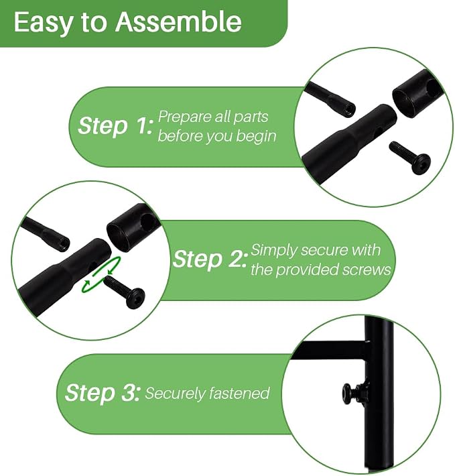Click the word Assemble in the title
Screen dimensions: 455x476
click(178, 21)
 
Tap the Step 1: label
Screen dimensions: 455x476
click(115, 125)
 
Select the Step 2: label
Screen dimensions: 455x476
click(209, 259)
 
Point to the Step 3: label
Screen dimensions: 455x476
click(103, 392)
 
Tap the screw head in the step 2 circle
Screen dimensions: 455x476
click(135, 298)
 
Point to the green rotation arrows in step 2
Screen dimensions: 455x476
click(102, 275)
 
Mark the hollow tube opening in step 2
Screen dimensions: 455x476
click(119, 237)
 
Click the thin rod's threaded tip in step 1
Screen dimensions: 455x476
click(350, 109)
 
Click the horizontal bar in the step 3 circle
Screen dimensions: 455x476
click(330, 350)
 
